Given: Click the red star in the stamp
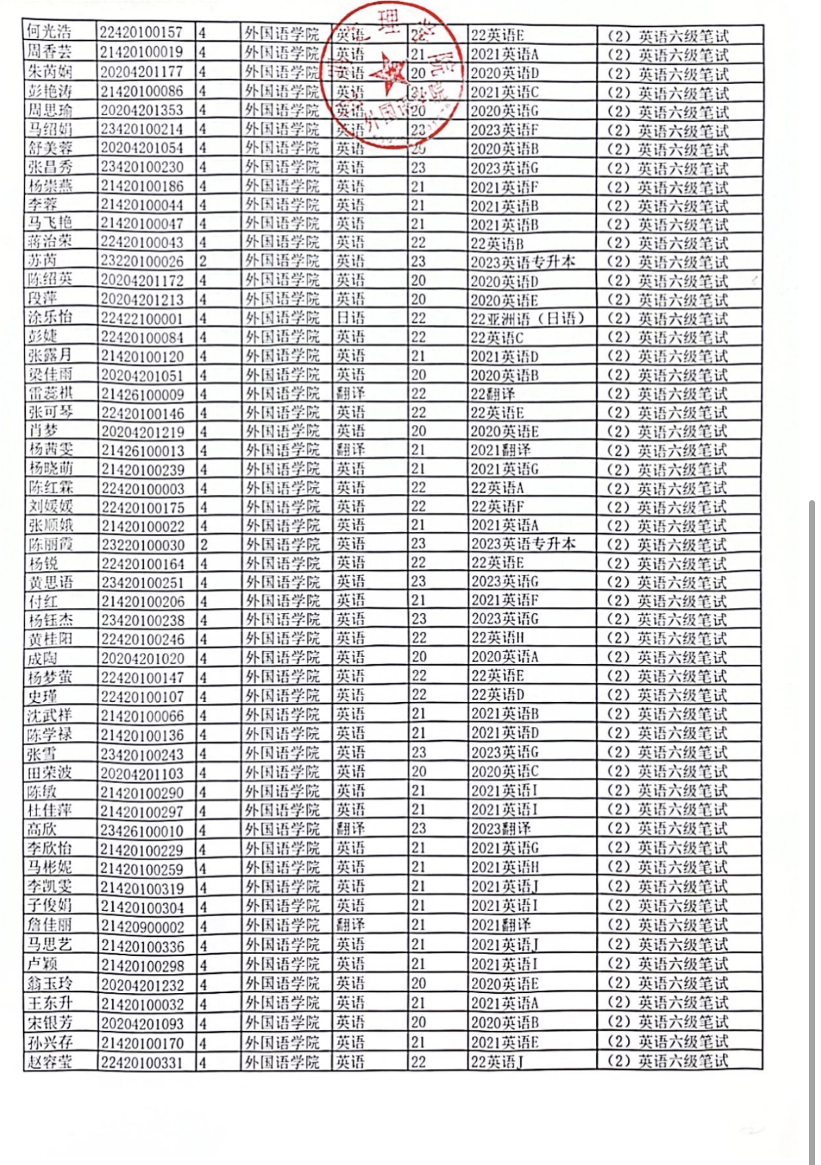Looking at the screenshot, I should (388, 73).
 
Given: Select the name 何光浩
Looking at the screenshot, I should (50, 32).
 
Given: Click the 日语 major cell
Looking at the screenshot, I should (350, 318).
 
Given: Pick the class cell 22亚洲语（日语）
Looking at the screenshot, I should (528, 319).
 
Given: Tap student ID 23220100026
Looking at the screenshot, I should (142, 261).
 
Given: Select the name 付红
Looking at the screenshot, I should (43, 601).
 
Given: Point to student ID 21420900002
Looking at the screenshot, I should (142, 926).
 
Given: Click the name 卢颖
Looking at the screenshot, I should (43, 964).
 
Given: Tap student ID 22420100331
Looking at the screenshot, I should (142, 1062).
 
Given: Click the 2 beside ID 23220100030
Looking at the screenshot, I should (204, 545).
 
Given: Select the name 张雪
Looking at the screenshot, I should (43, 754).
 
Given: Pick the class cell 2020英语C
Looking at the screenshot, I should (504, 773).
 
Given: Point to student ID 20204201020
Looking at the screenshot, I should (142, 658).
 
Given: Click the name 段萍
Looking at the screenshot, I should (43, 299).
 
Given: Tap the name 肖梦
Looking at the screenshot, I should (43, 431).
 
